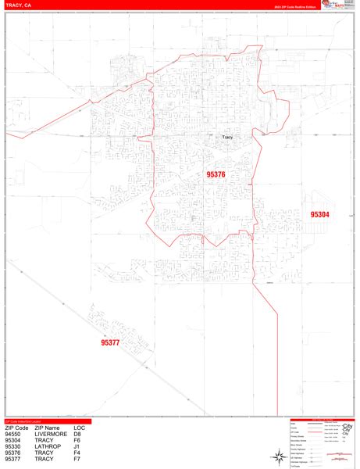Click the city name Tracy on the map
tap(227, 138)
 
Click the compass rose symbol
tap(279, 454)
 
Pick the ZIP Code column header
tap(16, 428)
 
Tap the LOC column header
tap(80, 428)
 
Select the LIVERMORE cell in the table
tap(52, 435)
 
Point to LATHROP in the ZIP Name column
tap(48, 447)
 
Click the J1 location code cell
tap(77, 447)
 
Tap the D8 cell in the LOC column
tap(78, 435)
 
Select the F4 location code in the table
tap(77, 453)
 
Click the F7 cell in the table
tap(77, 460)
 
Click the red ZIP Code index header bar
tap(47, 422)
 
